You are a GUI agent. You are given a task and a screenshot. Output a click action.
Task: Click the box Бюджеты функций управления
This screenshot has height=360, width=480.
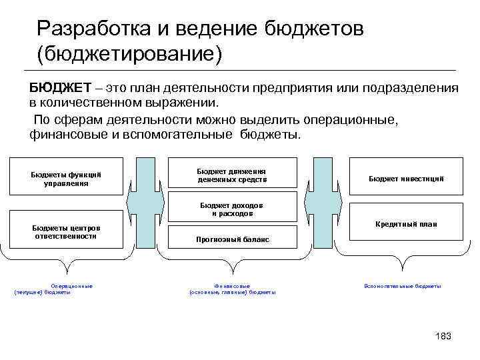[x=66, y=178]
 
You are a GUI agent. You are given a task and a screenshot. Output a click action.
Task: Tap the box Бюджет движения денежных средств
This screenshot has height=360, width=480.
[x=231, y=175]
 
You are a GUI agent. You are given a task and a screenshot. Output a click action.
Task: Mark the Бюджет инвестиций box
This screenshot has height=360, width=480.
[x=406, y=178]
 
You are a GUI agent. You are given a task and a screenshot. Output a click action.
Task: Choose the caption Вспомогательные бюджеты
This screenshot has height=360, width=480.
[x=403, y=286]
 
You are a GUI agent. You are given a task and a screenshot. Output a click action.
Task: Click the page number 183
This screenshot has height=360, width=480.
[x=443, y=336]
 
